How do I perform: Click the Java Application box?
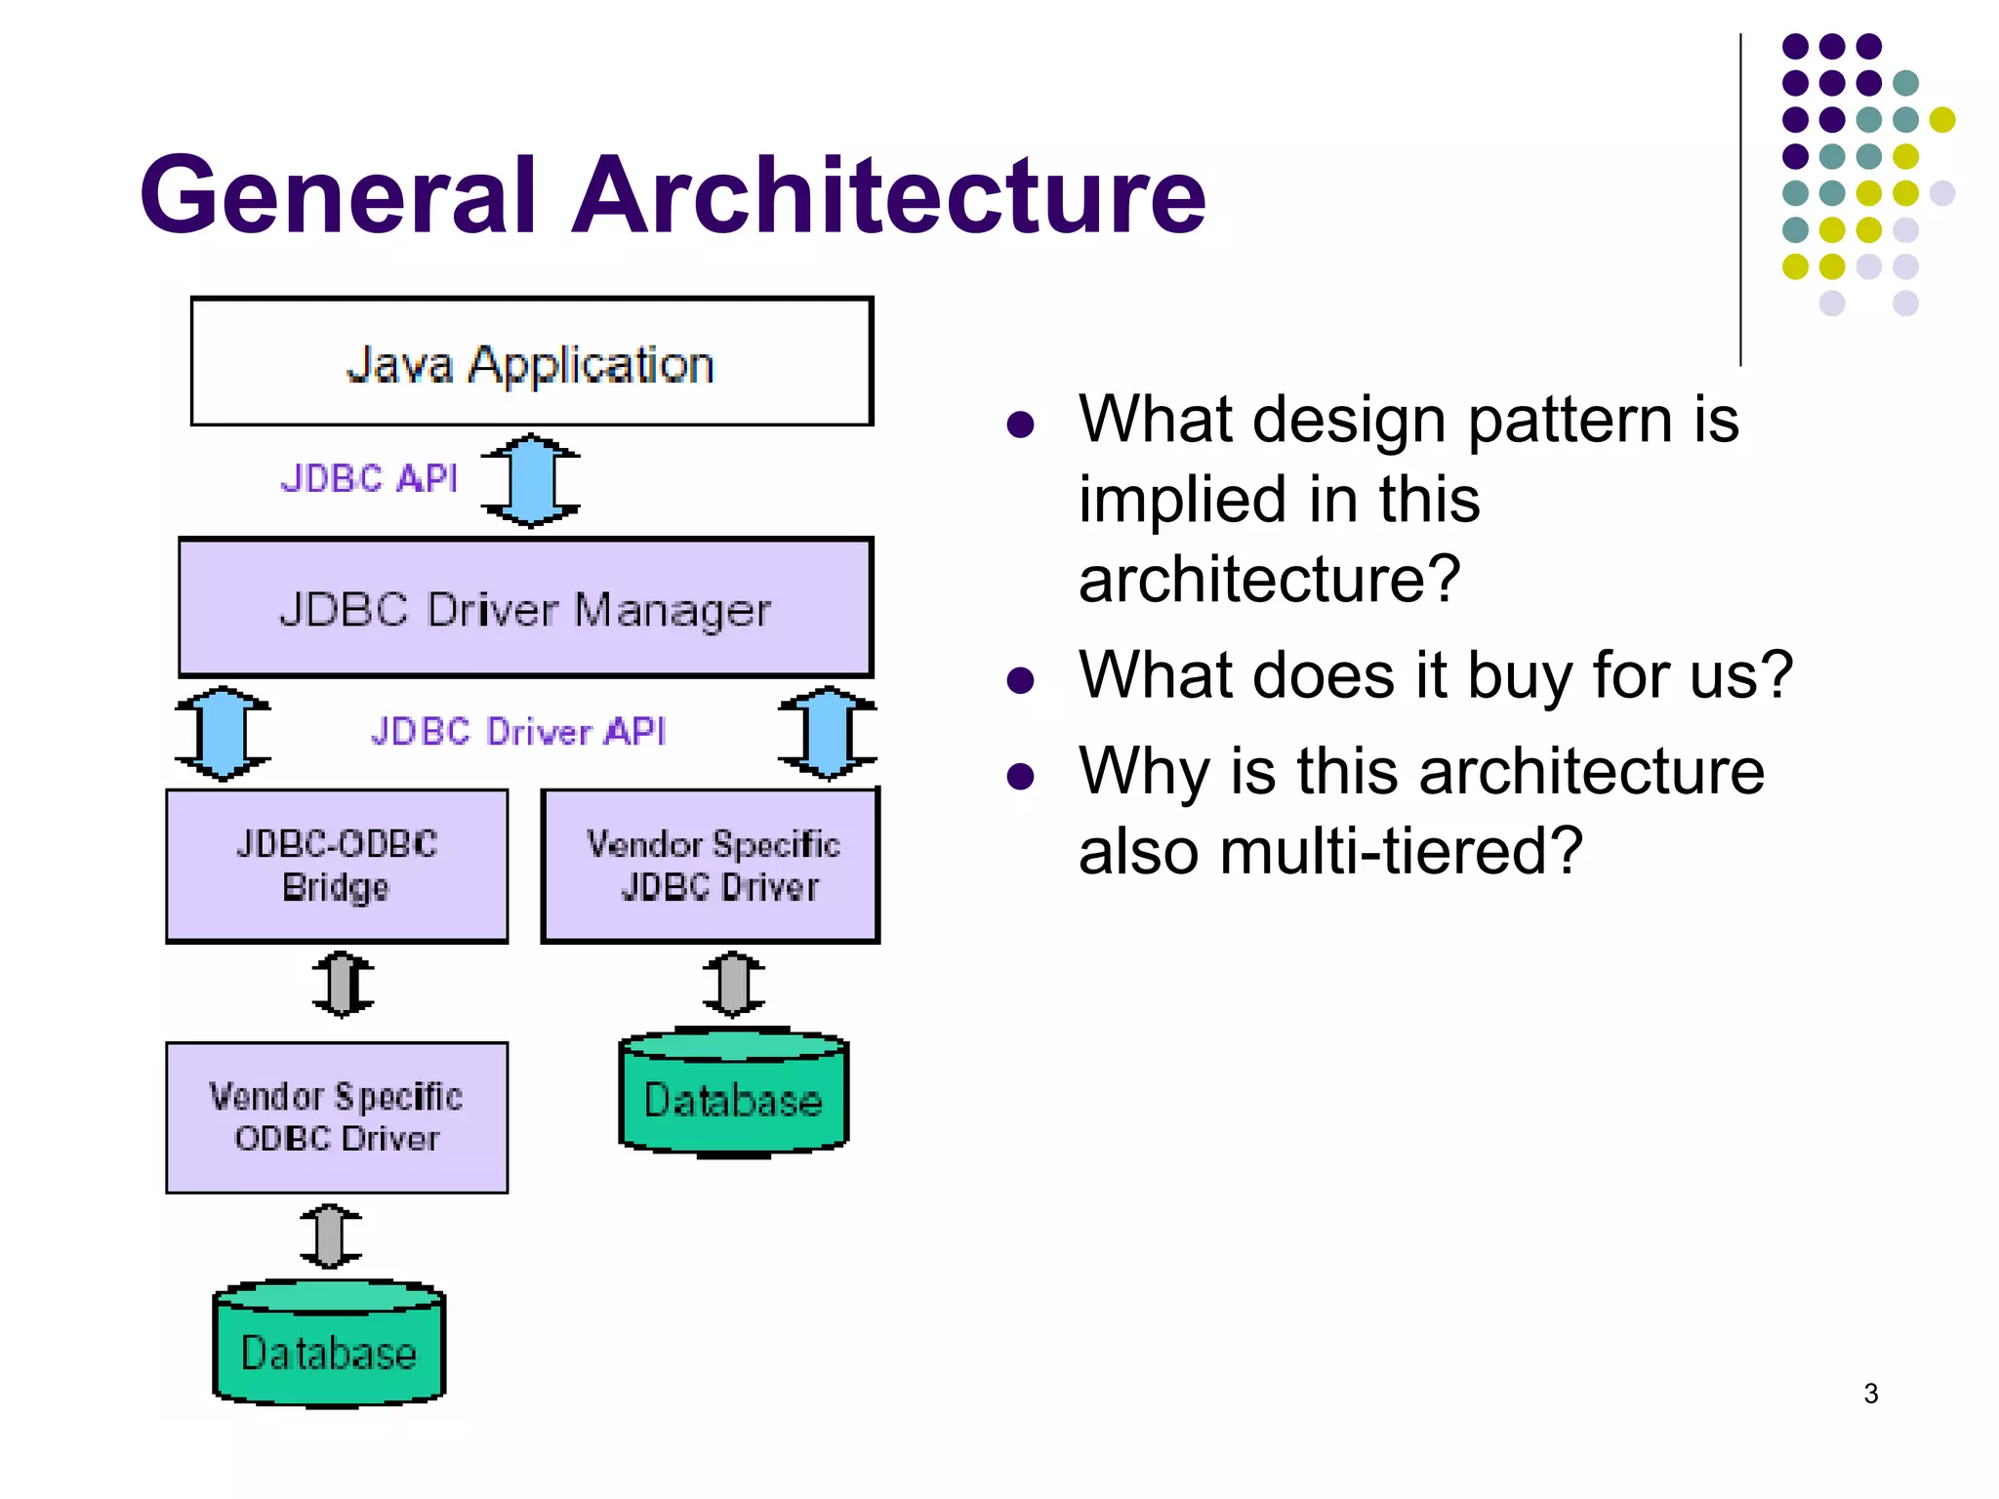(x=531, y=362)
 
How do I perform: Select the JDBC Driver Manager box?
(x=525, y=608)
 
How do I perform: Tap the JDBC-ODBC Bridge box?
(x=337, y=866)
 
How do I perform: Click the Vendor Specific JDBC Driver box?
(x=712, y=866)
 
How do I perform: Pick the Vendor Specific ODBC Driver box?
(x=337, y=1117)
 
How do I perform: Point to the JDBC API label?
(x=369, y=478)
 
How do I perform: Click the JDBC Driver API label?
(x=518, y=731)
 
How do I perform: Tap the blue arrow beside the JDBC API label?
(x=531, y=480)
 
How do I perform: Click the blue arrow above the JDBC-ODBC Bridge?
(x=224, y=733)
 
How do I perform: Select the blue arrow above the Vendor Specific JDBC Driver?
(x=829, y=733)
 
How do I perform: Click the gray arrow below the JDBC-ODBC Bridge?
(x=343, y=984)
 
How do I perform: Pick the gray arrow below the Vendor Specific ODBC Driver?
(x=331, y=1236)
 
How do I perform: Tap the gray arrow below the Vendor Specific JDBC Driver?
(x=734, y=984)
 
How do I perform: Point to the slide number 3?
(x=1870, y=1394)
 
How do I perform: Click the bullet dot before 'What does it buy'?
(x=1020, y=679)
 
